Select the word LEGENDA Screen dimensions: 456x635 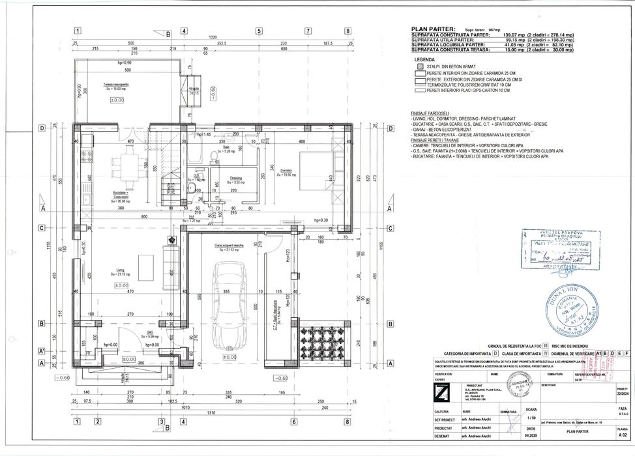pos(424,59)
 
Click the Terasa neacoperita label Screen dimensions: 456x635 pos(115,85)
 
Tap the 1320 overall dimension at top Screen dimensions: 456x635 pos(212,38)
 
